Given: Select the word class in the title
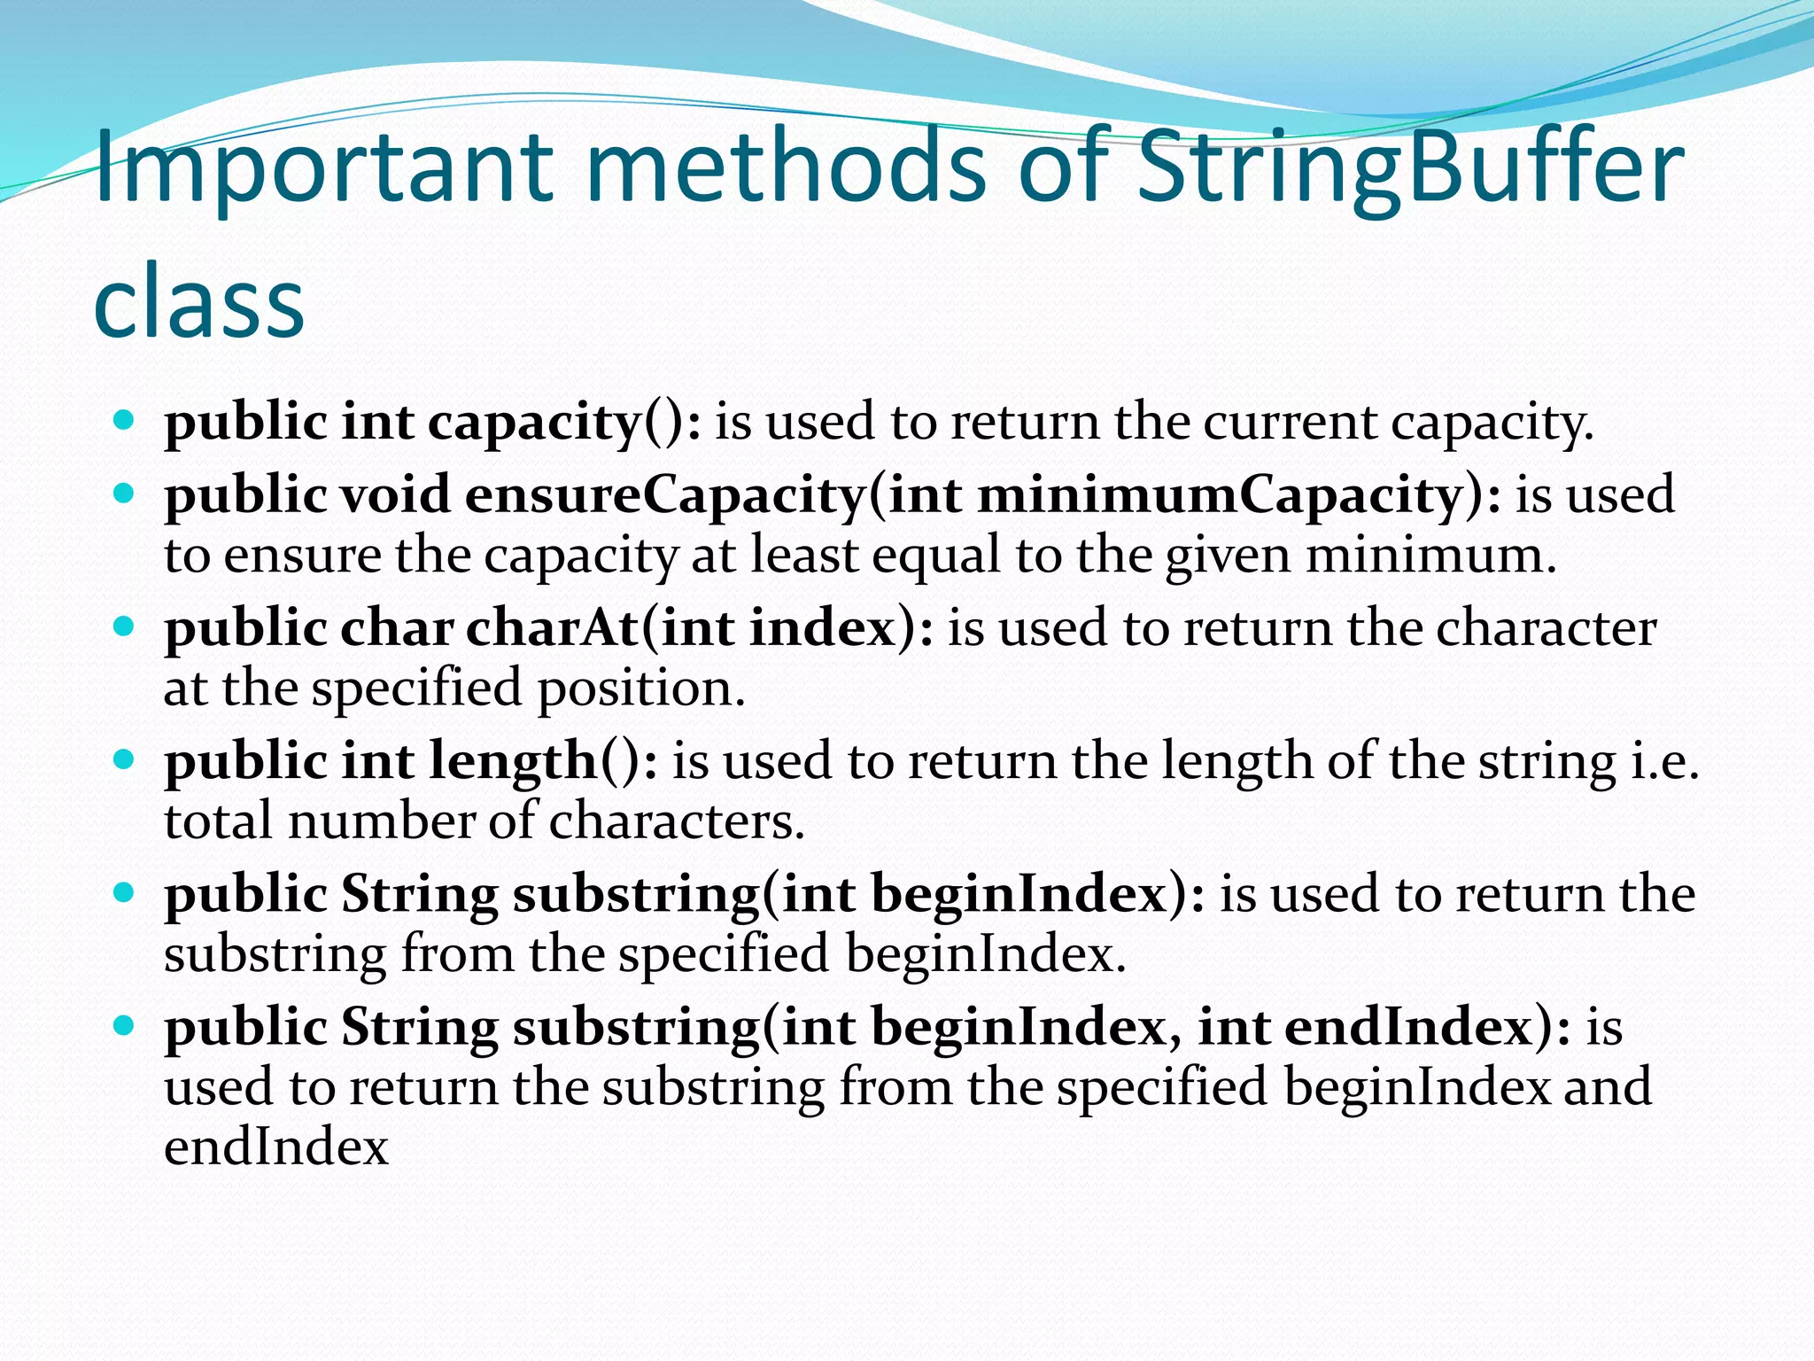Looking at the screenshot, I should point(199,301).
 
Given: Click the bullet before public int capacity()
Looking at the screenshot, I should point(125,419).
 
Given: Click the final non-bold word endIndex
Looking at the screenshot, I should point(276,1147).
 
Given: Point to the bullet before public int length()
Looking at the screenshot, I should point(125,760).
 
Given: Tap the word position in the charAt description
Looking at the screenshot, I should point(641,688).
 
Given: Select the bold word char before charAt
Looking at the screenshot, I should point(397,628).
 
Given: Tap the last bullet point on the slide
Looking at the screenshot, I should point(125,1026).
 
